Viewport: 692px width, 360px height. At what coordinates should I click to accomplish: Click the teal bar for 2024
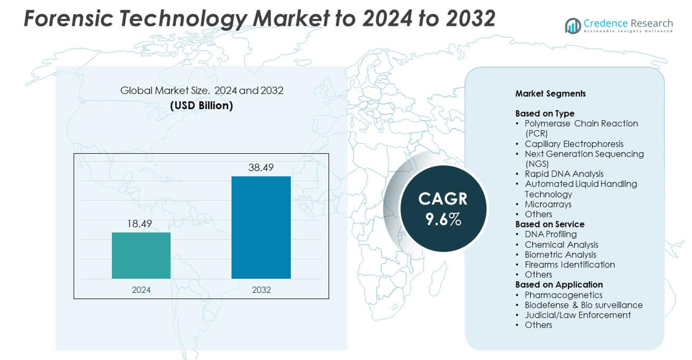click(x=141, y=255)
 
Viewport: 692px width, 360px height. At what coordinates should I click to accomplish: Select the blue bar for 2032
click(x=261, y=228)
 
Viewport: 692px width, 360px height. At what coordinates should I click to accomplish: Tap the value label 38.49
click(x=261, y=167)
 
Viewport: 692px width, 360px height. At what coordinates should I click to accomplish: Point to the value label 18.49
click(x=140, y=224)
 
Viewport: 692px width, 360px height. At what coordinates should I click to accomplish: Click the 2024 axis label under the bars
click(x=141, y=290)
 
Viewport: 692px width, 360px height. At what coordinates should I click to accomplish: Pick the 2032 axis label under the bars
click(x=261, y=290)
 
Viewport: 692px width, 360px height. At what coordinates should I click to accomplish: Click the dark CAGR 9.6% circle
click(x=443, y=209)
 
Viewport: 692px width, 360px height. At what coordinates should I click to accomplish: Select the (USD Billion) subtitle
click(x=201, y=106)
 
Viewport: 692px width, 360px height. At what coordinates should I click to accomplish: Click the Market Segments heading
click(x=551, y=94)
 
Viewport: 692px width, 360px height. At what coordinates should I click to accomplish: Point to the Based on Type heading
click(x=545, y=113)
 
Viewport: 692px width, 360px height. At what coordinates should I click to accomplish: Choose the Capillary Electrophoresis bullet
click(x=574, y=144)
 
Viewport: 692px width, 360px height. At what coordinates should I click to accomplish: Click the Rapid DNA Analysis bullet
click(x=564, y=174)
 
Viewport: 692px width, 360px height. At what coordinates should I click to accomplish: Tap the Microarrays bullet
click(x=548, y=204)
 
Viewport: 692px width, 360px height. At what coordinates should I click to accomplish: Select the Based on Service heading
click(x=550, y=224)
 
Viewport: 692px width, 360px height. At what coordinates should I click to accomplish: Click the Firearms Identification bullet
click(x=570, y=265)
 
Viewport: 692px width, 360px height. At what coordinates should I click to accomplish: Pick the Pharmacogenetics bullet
click(x=563, y=295)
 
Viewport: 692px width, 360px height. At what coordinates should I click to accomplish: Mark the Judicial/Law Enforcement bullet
click(x=578, y=315)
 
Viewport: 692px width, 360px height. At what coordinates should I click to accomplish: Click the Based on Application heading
click(x=559, y=284)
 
